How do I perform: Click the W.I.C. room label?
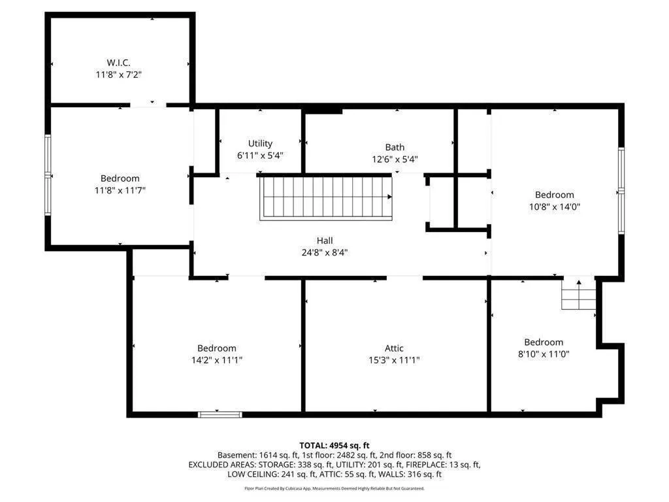[119, 63]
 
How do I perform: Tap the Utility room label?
[260, 143]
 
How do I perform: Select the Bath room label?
[395, 147]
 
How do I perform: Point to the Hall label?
[325, 241]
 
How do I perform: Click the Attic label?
[394, 348]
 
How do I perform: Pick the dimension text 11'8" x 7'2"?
[119, 75]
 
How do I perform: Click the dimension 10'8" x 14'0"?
[555, 207]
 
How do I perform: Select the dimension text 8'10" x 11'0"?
[544, 354]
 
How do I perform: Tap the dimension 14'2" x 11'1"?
[217, 360]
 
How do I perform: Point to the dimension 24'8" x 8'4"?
[325, 253]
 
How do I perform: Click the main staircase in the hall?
[326, 199]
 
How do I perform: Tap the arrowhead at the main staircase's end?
[389, 197]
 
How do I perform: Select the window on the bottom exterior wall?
[220, 414]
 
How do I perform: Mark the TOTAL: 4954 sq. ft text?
[334, 446]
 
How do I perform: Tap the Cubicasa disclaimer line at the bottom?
[334, 488]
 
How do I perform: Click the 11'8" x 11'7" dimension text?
[120, 190]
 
